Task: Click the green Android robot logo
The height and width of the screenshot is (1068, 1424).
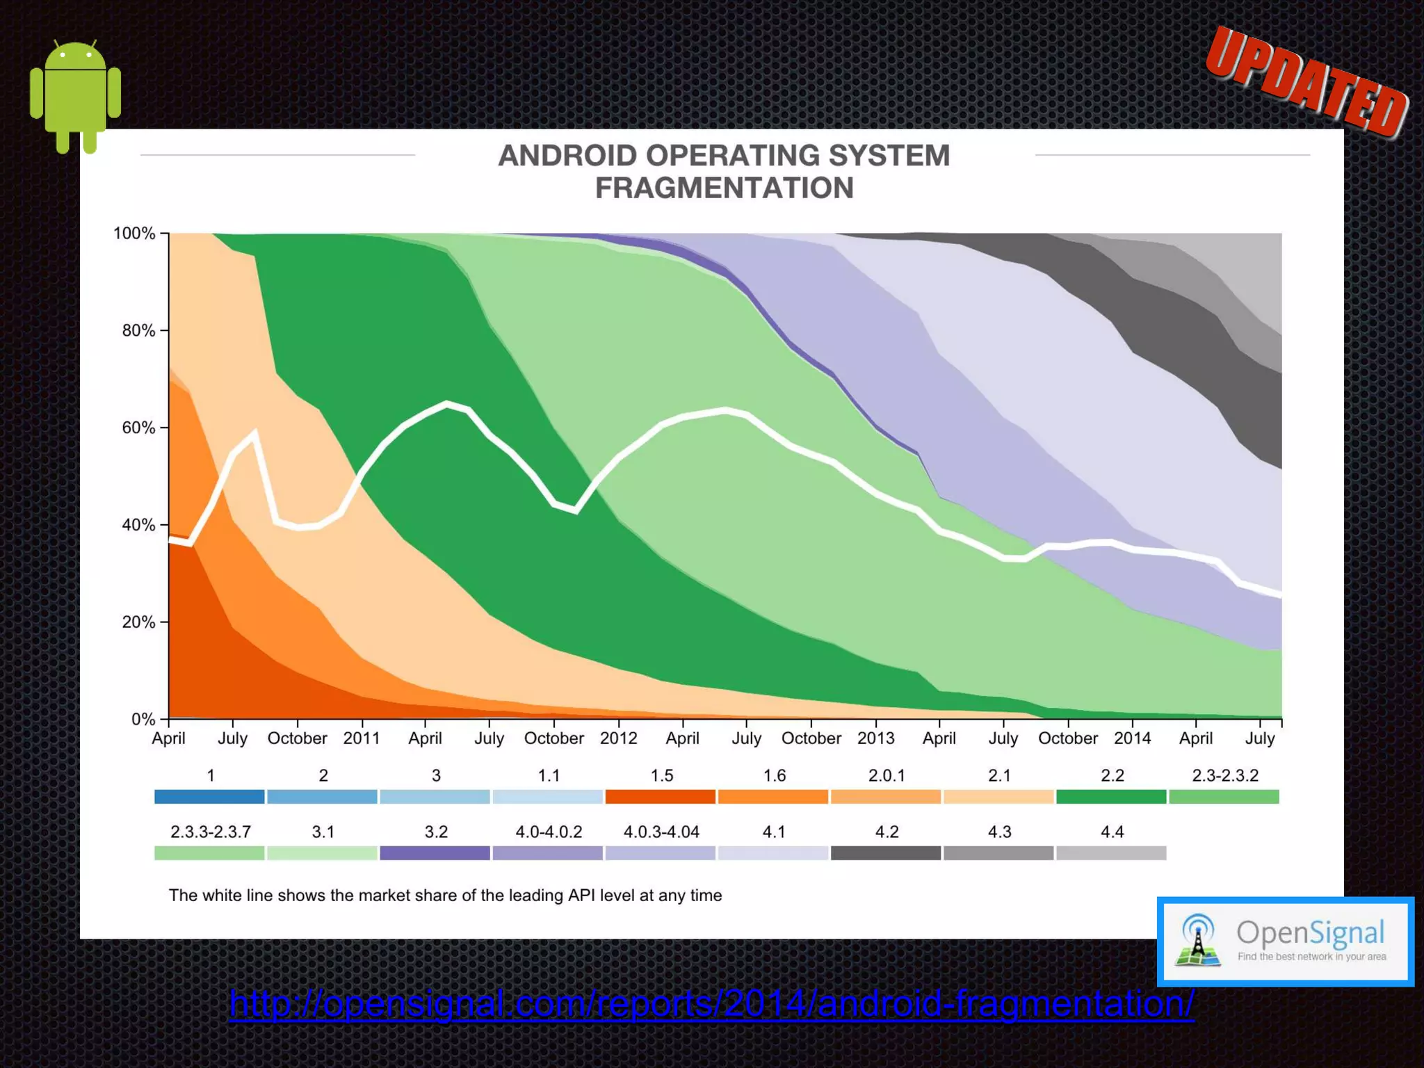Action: click(x=75, y=96)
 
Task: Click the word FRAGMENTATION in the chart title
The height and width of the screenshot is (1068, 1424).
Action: click(x=724, y=188)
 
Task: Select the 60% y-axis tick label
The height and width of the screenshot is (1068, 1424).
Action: click(x=138, y=428)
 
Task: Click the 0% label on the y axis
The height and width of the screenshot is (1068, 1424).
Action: click(x=143, y=720)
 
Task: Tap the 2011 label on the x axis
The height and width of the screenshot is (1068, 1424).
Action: click(x=362, y=738)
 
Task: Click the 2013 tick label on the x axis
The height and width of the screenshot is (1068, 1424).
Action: click(x=875, y=738)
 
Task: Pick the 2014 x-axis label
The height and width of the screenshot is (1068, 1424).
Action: click(x=1132, y=738)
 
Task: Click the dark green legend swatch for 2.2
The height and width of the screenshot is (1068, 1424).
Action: click(x=1110, y=797)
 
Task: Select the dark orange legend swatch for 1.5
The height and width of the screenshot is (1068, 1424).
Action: click(x=660, y=797)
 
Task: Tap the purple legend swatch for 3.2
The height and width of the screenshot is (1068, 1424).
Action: click(x=435, y=853)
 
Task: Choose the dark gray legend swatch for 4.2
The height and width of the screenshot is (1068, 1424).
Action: click(x=885, y=853)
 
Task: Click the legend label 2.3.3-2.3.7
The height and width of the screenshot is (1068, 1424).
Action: click(x=210, y=832)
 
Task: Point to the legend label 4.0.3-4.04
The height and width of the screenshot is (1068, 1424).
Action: click(x=661, y=832)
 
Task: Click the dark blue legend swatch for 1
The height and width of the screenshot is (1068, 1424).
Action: click(x=209, y=797)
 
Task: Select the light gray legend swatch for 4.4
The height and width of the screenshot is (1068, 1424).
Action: click(x=1110, y=853)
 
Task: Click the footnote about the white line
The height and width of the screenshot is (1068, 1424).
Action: click(x=445, y=896)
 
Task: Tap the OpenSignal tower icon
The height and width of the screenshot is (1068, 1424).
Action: click(x=1197, y=941)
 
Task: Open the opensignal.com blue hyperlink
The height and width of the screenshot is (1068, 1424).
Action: click(x=711, y=1004)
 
